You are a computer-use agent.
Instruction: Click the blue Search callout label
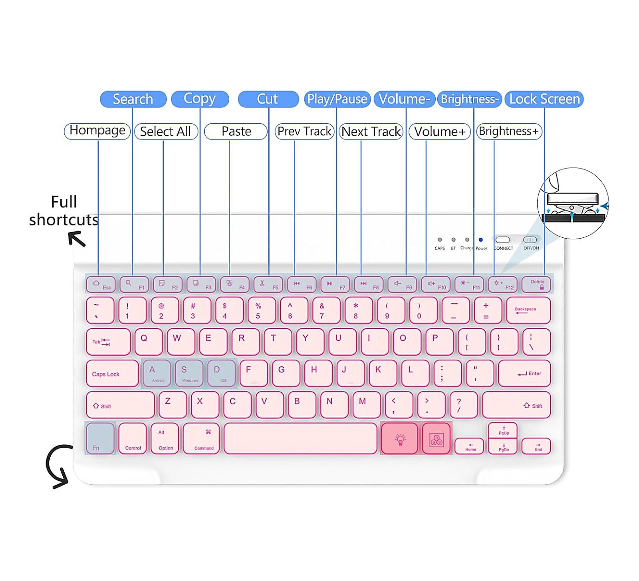pyautogui.click(x=133, y=99)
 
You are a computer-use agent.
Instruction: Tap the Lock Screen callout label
pyautogui.click(x=544, y=99)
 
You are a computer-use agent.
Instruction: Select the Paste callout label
pyautogui.click(x=236, y=131)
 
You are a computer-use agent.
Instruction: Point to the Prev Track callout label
pyautogui.click(x=304, y=131)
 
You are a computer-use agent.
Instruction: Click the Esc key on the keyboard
pyautogui.click(x=101, y=285)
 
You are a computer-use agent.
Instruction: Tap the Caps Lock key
pyautogui.click(x=112, y=374)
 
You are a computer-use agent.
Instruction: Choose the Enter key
pyautogui.click(x=524, y=374)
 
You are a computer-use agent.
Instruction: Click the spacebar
pyautogui.click(x=300, y=438)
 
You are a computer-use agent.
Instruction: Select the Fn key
pyautogui.click(x=100, y=438)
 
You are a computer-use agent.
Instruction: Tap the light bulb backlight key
pyautogui.click(x=400, y=439)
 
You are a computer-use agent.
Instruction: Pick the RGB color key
pyautogui.click(x=436, y=439)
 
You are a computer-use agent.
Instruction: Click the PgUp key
pyautogui.click(x=503, y=430)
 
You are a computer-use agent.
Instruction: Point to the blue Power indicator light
pyautogui.click(x=480, y=240)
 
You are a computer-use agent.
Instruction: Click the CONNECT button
pyautogui.click(x=502, y=240)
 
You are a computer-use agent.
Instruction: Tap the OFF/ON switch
pyautogui.click(x=530, y=240)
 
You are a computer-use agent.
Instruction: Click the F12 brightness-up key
pyautogui.click(x=503, y=285)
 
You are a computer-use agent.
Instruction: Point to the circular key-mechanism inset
pyautogui.click(x=573, y=203)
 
